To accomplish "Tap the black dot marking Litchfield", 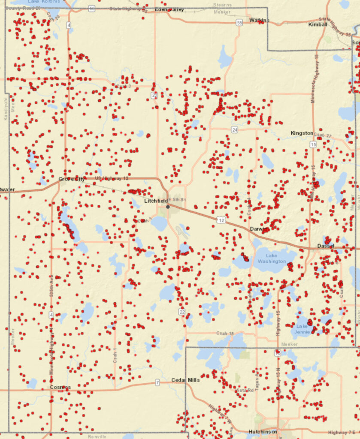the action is tap(168, 207).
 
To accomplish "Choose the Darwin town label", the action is tap(259, 229).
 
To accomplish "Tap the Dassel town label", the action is tap(326, 246).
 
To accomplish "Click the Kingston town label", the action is tap(302, 133).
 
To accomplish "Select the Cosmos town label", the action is tap(60, 387).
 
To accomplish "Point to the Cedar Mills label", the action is tap(185, 380).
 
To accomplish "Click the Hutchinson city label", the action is tap(263, 431).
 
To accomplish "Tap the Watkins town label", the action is tap(259, 20).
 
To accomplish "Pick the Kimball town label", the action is tap(318, 25).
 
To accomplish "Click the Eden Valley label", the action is tap(169, 9).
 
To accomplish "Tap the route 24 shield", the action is tap(234, 129).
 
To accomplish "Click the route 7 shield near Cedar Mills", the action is tap(157, 382).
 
